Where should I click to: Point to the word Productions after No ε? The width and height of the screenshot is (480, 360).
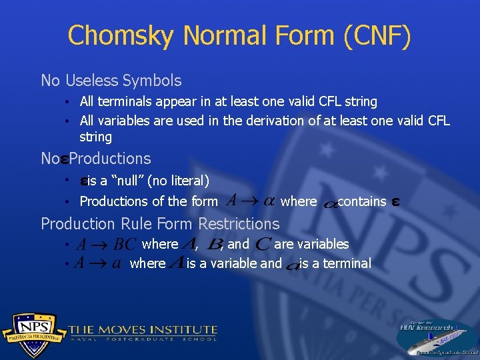(110, 159)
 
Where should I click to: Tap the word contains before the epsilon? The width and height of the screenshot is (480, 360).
(362, 201)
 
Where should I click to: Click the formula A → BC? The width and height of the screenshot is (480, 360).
(106, 245)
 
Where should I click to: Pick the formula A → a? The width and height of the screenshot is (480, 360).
(98, 263)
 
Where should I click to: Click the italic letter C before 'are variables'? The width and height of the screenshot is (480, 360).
(263, 245)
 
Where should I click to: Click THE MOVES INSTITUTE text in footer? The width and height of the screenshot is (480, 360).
(143, 329)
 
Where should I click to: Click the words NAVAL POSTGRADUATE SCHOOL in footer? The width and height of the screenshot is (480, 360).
(143, 339)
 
